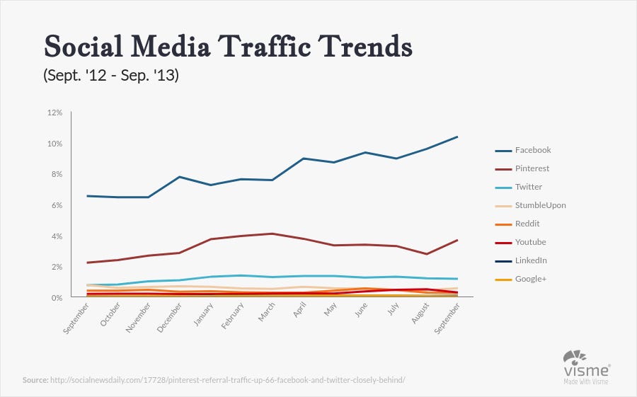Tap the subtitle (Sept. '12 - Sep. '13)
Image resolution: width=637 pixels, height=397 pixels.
click(111, 74)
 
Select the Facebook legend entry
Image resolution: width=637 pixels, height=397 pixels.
click(532, 150)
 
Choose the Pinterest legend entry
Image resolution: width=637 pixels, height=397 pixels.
click(532, 168)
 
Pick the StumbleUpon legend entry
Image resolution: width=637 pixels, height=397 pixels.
click(540, 205)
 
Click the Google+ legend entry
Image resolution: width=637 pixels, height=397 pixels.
click(531, 279)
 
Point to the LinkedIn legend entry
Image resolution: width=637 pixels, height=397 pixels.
click(530, 260)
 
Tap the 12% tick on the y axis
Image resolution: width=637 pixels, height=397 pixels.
click(54, 113)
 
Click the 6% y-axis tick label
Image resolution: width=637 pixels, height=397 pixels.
click(56, 205)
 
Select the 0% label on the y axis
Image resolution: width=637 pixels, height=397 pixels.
click(56, 298)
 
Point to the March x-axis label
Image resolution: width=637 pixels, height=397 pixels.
click(267, 315)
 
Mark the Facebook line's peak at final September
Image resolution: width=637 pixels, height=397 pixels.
click(457, 137)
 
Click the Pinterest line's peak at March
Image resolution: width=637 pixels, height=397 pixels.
click(272, 234)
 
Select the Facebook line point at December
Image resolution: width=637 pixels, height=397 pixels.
click(180, 177)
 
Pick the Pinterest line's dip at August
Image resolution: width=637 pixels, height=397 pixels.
click(426, 254)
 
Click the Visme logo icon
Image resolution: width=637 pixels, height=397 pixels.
click(574, 357)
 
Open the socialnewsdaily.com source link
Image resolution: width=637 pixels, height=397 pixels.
click(227, 380)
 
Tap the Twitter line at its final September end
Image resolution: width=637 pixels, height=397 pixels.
click(457, 279)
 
